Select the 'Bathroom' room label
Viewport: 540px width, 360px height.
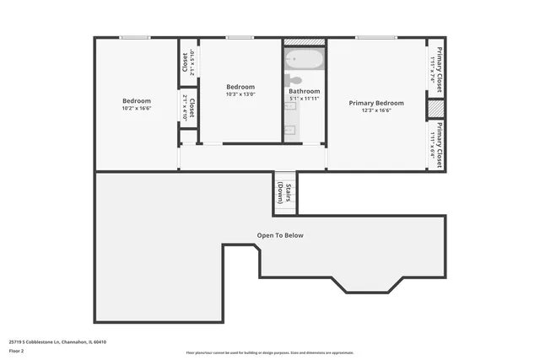pyautogui.click(x=305, y=91)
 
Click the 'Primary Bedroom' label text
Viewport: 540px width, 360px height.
pyautogui.click(x=376, y=103)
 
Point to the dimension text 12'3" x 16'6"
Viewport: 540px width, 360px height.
pyautogui.click(x=376, y=110)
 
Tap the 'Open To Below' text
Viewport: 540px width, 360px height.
pyautogui.click(x=280, y=235)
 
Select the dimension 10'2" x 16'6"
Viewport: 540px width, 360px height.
pyautogui.click(x=136, y=108)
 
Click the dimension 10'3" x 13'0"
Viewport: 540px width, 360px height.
pyautogui.click(x=240, y=94)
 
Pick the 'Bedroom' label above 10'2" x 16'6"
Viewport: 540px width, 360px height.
pyautogui.click(x=136, y=100)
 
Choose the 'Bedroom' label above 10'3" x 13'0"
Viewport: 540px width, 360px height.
pyautogui.click(x=240, y=87)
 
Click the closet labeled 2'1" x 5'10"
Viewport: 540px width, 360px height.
pyautogui.click(x=187, y=62)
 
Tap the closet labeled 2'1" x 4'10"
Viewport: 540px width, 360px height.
pyautogui.click(x=188, y=108)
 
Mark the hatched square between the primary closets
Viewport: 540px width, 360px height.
pyautogui.click(x=435, y=110)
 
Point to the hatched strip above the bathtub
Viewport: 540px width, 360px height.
pyautogui.click(x=304, y=41)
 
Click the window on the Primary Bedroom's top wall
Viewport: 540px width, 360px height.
pyautogui.click(x=376, y=37)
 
